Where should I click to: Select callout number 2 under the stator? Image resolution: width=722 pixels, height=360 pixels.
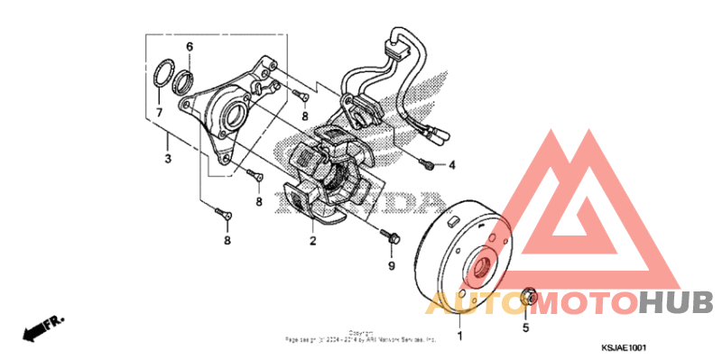coord(312,241)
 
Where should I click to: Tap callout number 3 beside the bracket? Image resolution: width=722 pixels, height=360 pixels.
coord(167,160)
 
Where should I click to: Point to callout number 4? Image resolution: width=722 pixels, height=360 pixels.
coord(453,165)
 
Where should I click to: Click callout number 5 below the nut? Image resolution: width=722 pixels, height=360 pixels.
coord(525,328)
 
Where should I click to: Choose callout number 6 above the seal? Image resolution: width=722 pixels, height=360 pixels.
coord(190,47)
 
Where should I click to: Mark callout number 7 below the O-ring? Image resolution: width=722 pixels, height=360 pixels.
coord(158,113)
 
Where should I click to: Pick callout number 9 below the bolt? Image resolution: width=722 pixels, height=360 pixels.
coord(392,267)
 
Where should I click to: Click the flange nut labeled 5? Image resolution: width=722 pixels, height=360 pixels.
coord(531,296)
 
